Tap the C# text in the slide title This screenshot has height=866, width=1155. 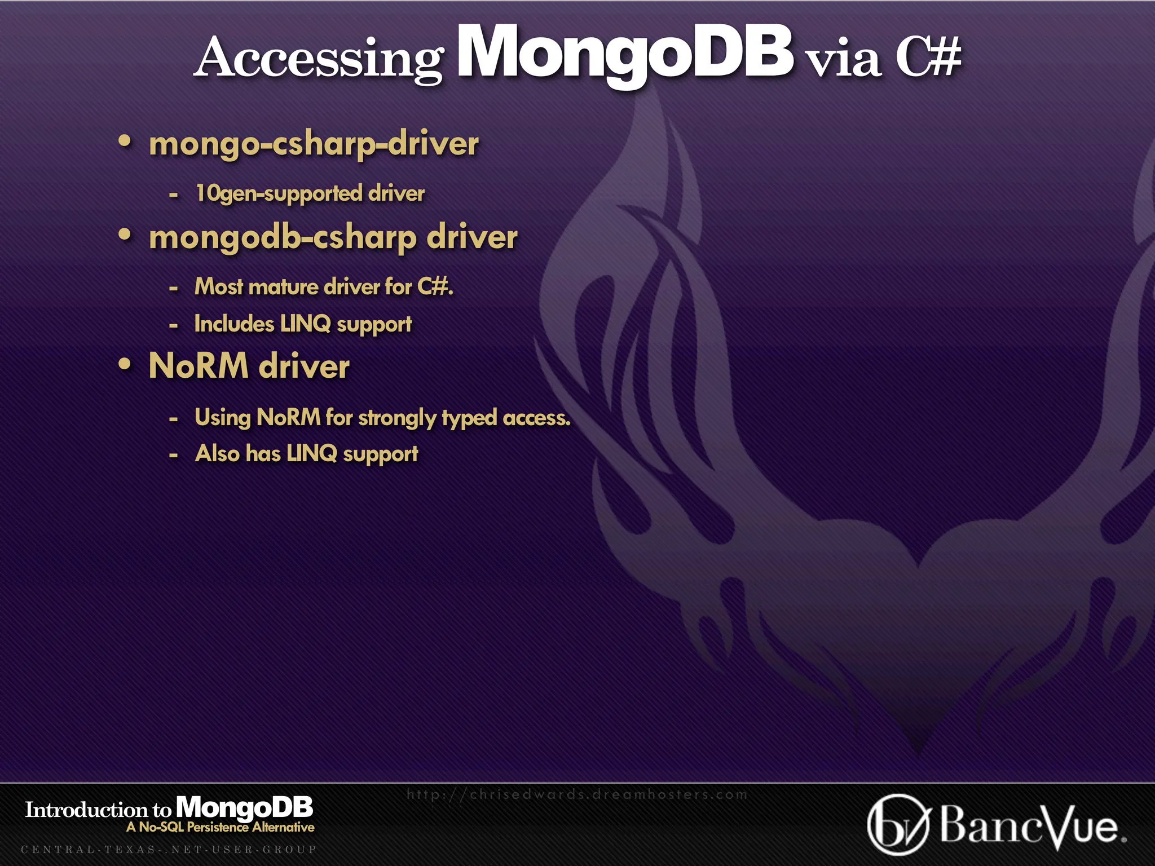point(928,58)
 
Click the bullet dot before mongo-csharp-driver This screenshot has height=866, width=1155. point(125,141)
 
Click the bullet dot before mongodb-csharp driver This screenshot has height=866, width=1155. point(125,235)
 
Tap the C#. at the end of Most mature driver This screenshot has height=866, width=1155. point(435,286)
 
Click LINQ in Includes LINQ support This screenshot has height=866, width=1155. point(305,324)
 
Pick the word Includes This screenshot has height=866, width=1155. point(234,324)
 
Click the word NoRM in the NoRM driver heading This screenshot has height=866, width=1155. point(199,366)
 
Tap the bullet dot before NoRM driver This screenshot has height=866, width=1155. point(125,364)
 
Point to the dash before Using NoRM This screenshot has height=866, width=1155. point(174,419)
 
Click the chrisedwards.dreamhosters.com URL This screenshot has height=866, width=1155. point(577,794)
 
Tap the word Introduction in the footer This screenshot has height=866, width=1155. point(86,810)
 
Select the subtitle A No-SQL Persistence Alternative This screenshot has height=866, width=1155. point(221,827)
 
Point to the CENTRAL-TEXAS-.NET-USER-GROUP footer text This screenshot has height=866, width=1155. point(169,849)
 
